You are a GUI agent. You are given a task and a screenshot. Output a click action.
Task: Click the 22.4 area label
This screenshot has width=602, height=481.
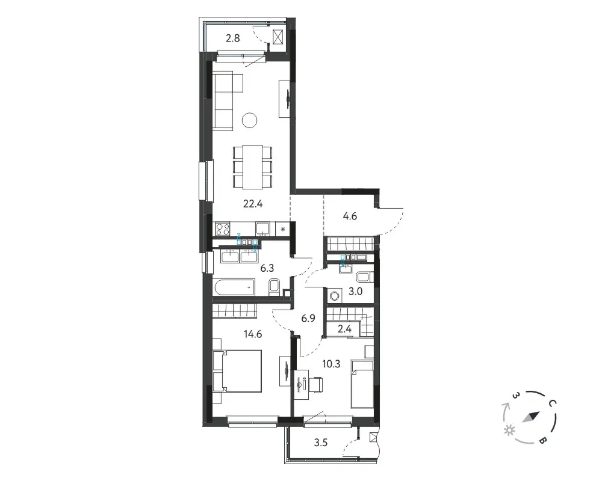(x=253, y=204)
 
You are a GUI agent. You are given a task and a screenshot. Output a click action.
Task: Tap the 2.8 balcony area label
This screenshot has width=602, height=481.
(x=232, y=38)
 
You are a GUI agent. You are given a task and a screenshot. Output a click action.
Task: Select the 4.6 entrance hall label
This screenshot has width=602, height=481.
(x=350, y=216)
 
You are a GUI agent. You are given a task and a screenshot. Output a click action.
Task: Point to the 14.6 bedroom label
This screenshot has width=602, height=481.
(x=253, y=334)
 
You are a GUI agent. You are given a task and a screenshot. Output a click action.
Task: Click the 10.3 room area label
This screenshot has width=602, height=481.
(x=331, y=364)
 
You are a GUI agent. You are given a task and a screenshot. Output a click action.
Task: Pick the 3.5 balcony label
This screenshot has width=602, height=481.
(x=321, y=443)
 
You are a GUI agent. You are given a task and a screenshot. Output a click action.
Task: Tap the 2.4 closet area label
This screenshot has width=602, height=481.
(x=344, y=329)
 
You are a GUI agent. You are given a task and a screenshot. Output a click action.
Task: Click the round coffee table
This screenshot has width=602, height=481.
(x=250, y=120)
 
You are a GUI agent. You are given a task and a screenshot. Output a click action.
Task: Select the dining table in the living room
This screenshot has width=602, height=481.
(x=252, y=167)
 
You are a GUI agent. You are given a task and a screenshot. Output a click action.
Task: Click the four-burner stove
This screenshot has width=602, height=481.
(x=223, y=229)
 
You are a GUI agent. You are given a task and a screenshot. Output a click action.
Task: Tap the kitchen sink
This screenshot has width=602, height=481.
(x=263, y=229)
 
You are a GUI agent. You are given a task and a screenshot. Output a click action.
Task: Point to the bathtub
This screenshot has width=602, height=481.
(x=234, y=287)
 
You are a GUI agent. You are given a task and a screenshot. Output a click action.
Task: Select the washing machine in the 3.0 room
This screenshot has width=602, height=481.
(x=334, y=296)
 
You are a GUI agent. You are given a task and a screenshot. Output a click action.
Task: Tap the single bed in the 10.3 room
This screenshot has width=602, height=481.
(x=362, y=384)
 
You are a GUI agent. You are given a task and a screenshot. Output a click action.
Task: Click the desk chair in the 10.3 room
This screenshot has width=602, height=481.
(x=317, y=385)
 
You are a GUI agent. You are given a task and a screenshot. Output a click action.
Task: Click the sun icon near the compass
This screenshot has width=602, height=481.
(x=510, y=430)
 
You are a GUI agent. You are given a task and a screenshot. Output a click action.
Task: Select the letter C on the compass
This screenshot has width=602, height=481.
(x=553, y=403)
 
